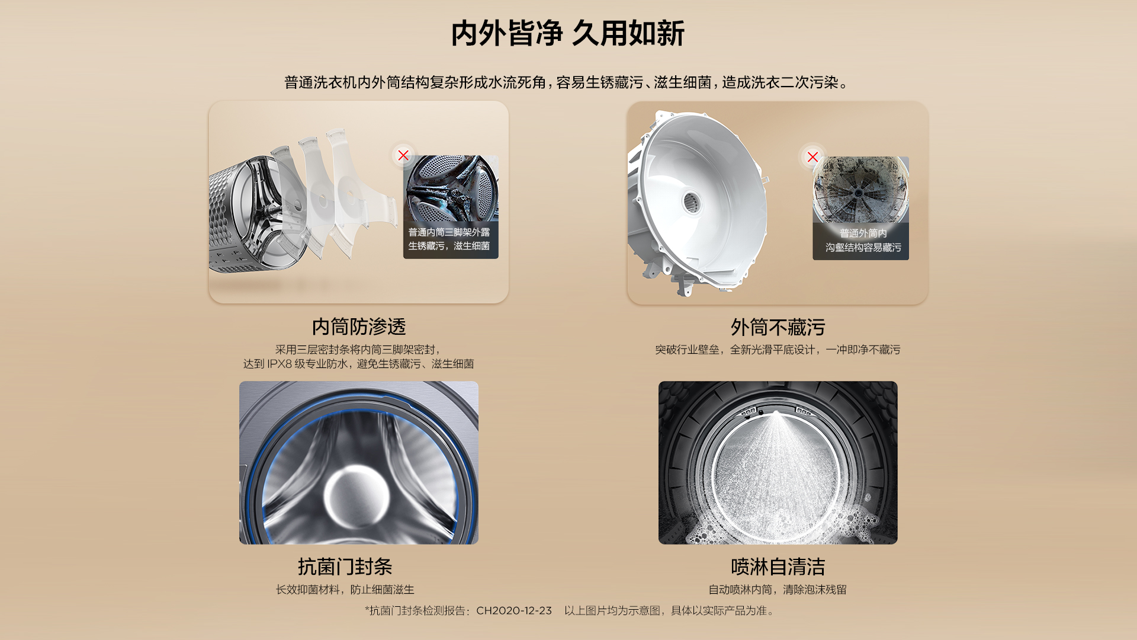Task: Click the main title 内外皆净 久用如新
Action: (567, 33)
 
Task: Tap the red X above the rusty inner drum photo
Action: (403, 155)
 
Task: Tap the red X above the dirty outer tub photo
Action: (812, 157)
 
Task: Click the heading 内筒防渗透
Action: (359, 327)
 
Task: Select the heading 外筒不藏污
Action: (778, 327)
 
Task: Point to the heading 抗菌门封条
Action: (345, 567)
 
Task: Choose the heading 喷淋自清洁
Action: (778, 567)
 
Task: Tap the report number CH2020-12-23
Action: (514, 610)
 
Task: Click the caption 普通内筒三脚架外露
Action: (449, 232)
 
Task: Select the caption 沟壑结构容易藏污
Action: (863, 247)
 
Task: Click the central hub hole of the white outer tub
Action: (691, 202)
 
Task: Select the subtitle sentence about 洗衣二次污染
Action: (567, 82)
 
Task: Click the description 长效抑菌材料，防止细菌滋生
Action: (345, 590)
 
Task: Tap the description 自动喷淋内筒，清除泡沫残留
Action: (778, 590)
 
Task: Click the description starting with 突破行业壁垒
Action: (778, 350)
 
